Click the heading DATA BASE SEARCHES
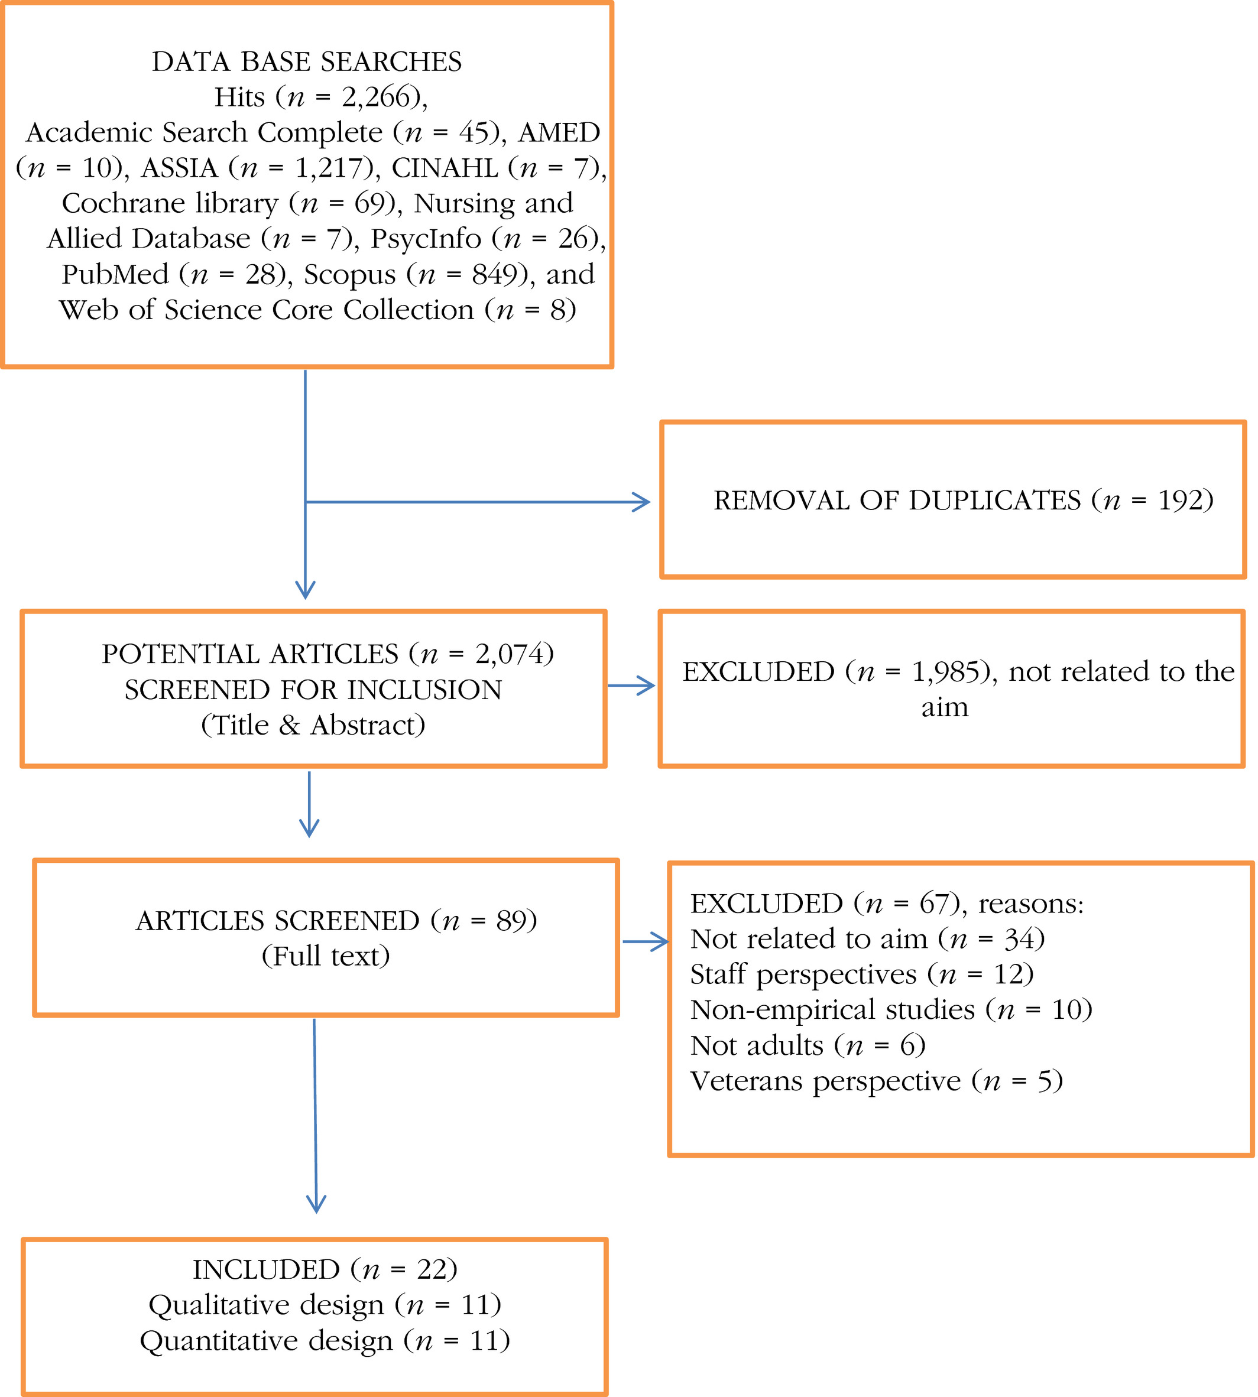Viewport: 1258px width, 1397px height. [307, 62]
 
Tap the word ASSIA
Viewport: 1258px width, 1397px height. [180, 168]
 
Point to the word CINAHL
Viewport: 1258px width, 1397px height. [445, 168]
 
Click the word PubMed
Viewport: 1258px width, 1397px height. [115, 274]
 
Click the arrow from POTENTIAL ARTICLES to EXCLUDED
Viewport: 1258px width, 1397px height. [632, 685]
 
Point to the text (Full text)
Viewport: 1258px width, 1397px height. [326, 957]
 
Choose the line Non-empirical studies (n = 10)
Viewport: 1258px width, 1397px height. [891, 1010]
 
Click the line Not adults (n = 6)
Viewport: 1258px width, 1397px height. [808, 1046]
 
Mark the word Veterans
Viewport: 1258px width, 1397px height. [748, 1081]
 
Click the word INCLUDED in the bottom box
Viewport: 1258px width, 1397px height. [266, 1270]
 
